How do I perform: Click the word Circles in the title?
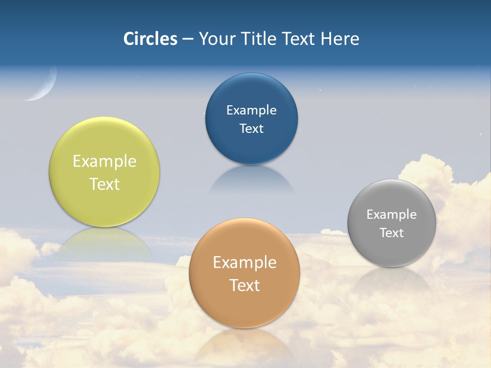coord(150,39)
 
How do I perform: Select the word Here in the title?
coord(340,39)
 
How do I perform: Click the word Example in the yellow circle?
coord(104,162)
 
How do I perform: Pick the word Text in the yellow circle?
coord(104,184)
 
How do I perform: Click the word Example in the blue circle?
coord(251,110)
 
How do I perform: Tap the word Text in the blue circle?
coord(251,129)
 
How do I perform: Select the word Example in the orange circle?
coord(244,263)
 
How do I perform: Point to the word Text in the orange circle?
coord(244,285)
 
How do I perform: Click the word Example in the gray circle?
coord(392,215)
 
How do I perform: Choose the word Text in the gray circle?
coord(392,233)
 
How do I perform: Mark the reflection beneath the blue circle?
coord(251,179)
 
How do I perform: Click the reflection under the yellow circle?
coord(104,243)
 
